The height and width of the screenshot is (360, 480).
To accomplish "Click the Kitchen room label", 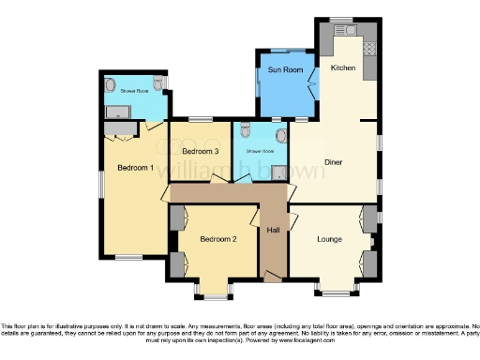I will point(342,67).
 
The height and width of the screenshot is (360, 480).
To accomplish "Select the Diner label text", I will point(333,162).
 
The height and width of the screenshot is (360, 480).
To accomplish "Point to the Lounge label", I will point(328,239).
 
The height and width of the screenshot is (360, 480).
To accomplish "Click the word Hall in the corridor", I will point(273,230).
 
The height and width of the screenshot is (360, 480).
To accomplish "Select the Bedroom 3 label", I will point(200,151).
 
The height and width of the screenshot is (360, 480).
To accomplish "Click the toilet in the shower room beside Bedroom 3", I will point(245,132).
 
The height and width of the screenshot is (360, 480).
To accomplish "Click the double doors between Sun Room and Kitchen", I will point(313,94).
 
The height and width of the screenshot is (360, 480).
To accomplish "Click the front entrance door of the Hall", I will point(273,275).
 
